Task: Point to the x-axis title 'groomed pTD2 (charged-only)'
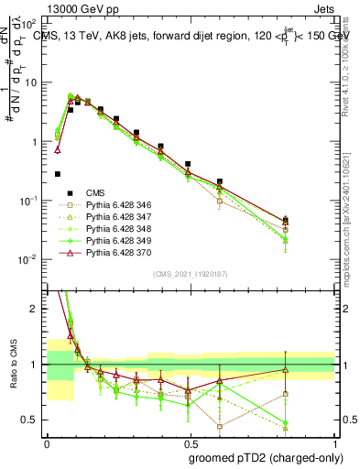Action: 265,457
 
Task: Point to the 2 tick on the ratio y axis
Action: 37,309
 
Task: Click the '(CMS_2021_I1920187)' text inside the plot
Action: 190,274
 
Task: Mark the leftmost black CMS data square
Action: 58,174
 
